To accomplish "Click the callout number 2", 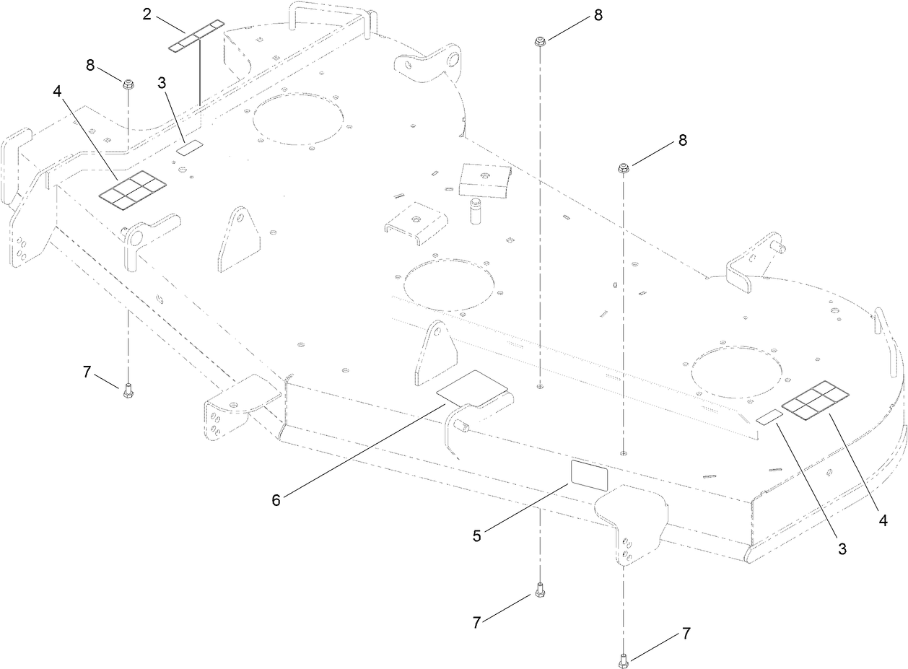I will tap(147, 14).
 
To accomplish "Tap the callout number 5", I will tap(477, 536).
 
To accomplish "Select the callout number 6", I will tap(276, 499).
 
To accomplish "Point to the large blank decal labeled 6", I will tap(473, 390).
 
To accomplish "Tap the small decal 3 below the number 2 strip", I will tap(191, 147).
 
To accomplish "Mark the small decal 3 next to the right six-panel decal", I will tap(769, 417).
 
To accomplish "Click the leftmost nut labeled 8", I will tap(128, 84).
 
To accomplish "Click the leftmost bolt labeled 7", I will tap(128, 390).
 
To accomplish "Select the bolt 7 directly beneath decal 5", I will tap(538, 591).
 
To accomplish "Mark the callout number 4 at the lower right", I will tap(883, 520).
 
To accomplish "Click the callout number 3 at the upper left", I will tap(162, 83).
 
